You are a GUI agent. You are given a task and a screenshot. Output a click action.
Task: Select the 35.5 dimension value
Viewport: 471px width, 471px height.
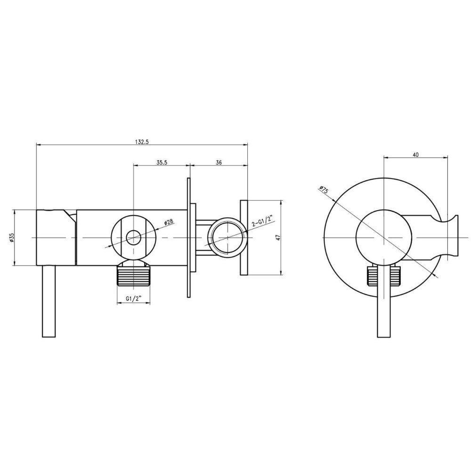[162, 162]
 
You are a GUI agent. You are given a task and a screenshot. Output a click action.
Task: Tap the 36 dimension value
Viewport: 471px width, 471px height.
[219, 162]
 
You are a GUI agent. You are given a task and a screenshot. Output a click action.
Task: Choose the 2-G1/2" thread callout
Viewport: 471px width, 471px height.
[261, 220]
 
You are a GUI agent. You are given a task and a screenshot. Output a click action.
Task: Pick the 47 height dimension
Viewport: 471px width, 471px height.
[278, 237]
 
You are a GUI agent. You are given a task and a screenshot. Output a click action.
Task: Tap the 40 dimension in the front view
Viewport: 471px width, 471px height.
[416, 154]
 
